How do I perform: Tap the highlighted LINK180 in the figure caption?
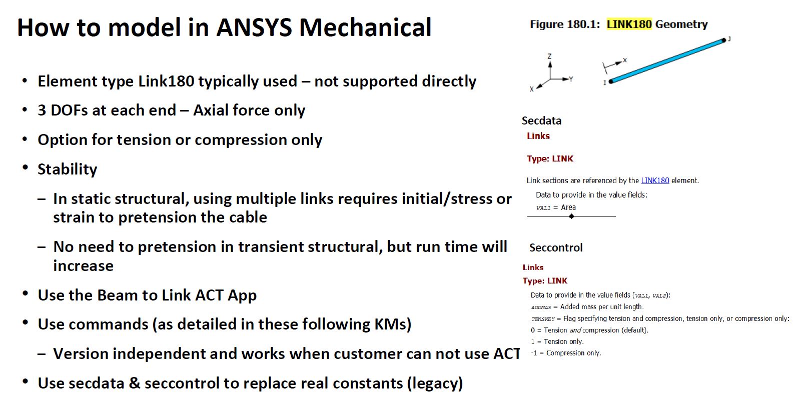[629, 24]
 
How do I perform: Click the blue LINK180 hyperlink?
[655, 180]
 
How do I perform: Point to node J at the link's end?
[724, 40]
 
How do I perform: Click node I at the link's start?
[611, 81]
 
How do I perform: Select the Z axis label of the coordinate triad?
[549, 56]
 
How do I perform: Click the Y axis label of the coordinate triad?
[571, 79]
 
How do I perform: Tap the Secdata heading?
[541, 120]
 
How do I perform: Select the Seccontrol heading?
[556, 247]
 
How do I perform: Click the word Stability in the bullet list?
[68, 169]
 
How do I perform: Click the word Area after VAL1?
[568, 207]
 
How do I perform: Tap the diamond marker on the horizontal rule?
[571, 216]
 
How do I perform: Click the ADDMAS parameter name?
[541, 307]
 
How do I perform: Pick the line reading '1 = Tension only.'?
[557, 341]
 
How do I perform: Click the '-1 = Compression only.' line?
[566, 353]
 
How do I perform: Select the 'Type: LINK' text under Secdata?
[550, 158]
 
